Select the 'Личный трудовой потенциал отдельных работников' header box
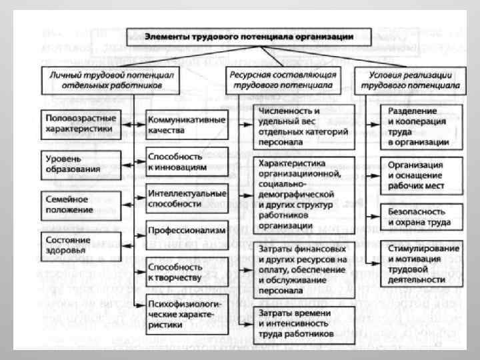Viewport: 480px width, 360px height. pyautogui.click(x=111, y=80)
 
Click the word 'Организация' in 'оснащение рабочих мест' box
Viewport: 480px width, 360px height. pyautogui.click(x=413, y=164)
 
